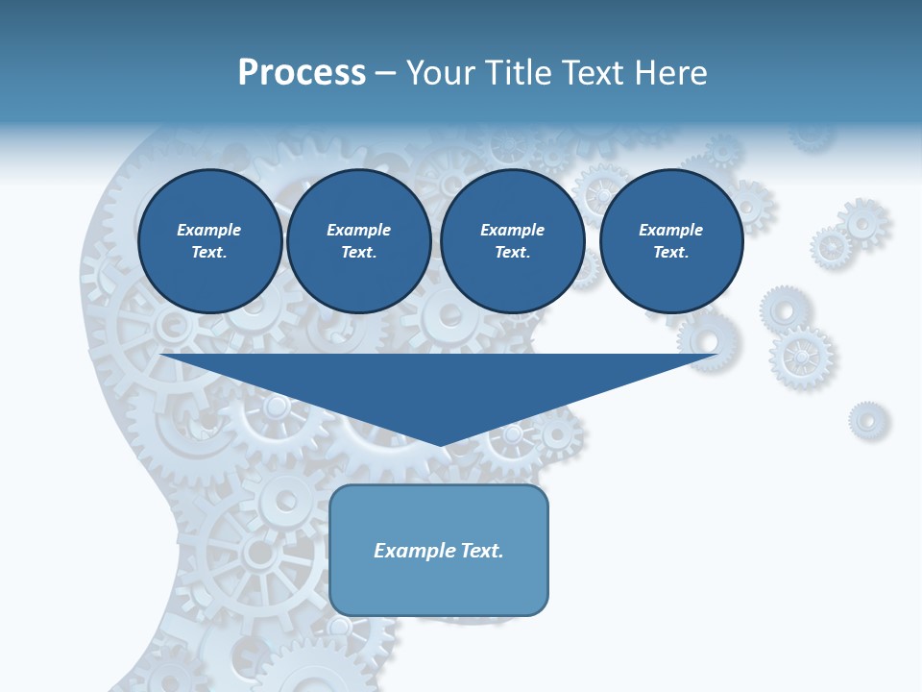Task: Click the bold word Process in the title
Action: (x=302, y=73)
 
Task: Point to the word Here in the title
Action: (x=671, y=73)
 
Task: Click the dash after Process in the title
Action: (x=385, y=74)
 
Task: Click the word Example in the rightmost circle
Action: (x=671, y=230)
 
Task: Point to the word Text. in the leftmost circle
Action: (x=209, y=252)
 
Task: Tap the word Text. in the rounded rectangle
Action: (x=482, y=551)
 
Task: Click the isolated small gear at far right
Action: (x=868, y=421)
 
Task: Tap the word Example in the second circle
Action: (x=359, y=230)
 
